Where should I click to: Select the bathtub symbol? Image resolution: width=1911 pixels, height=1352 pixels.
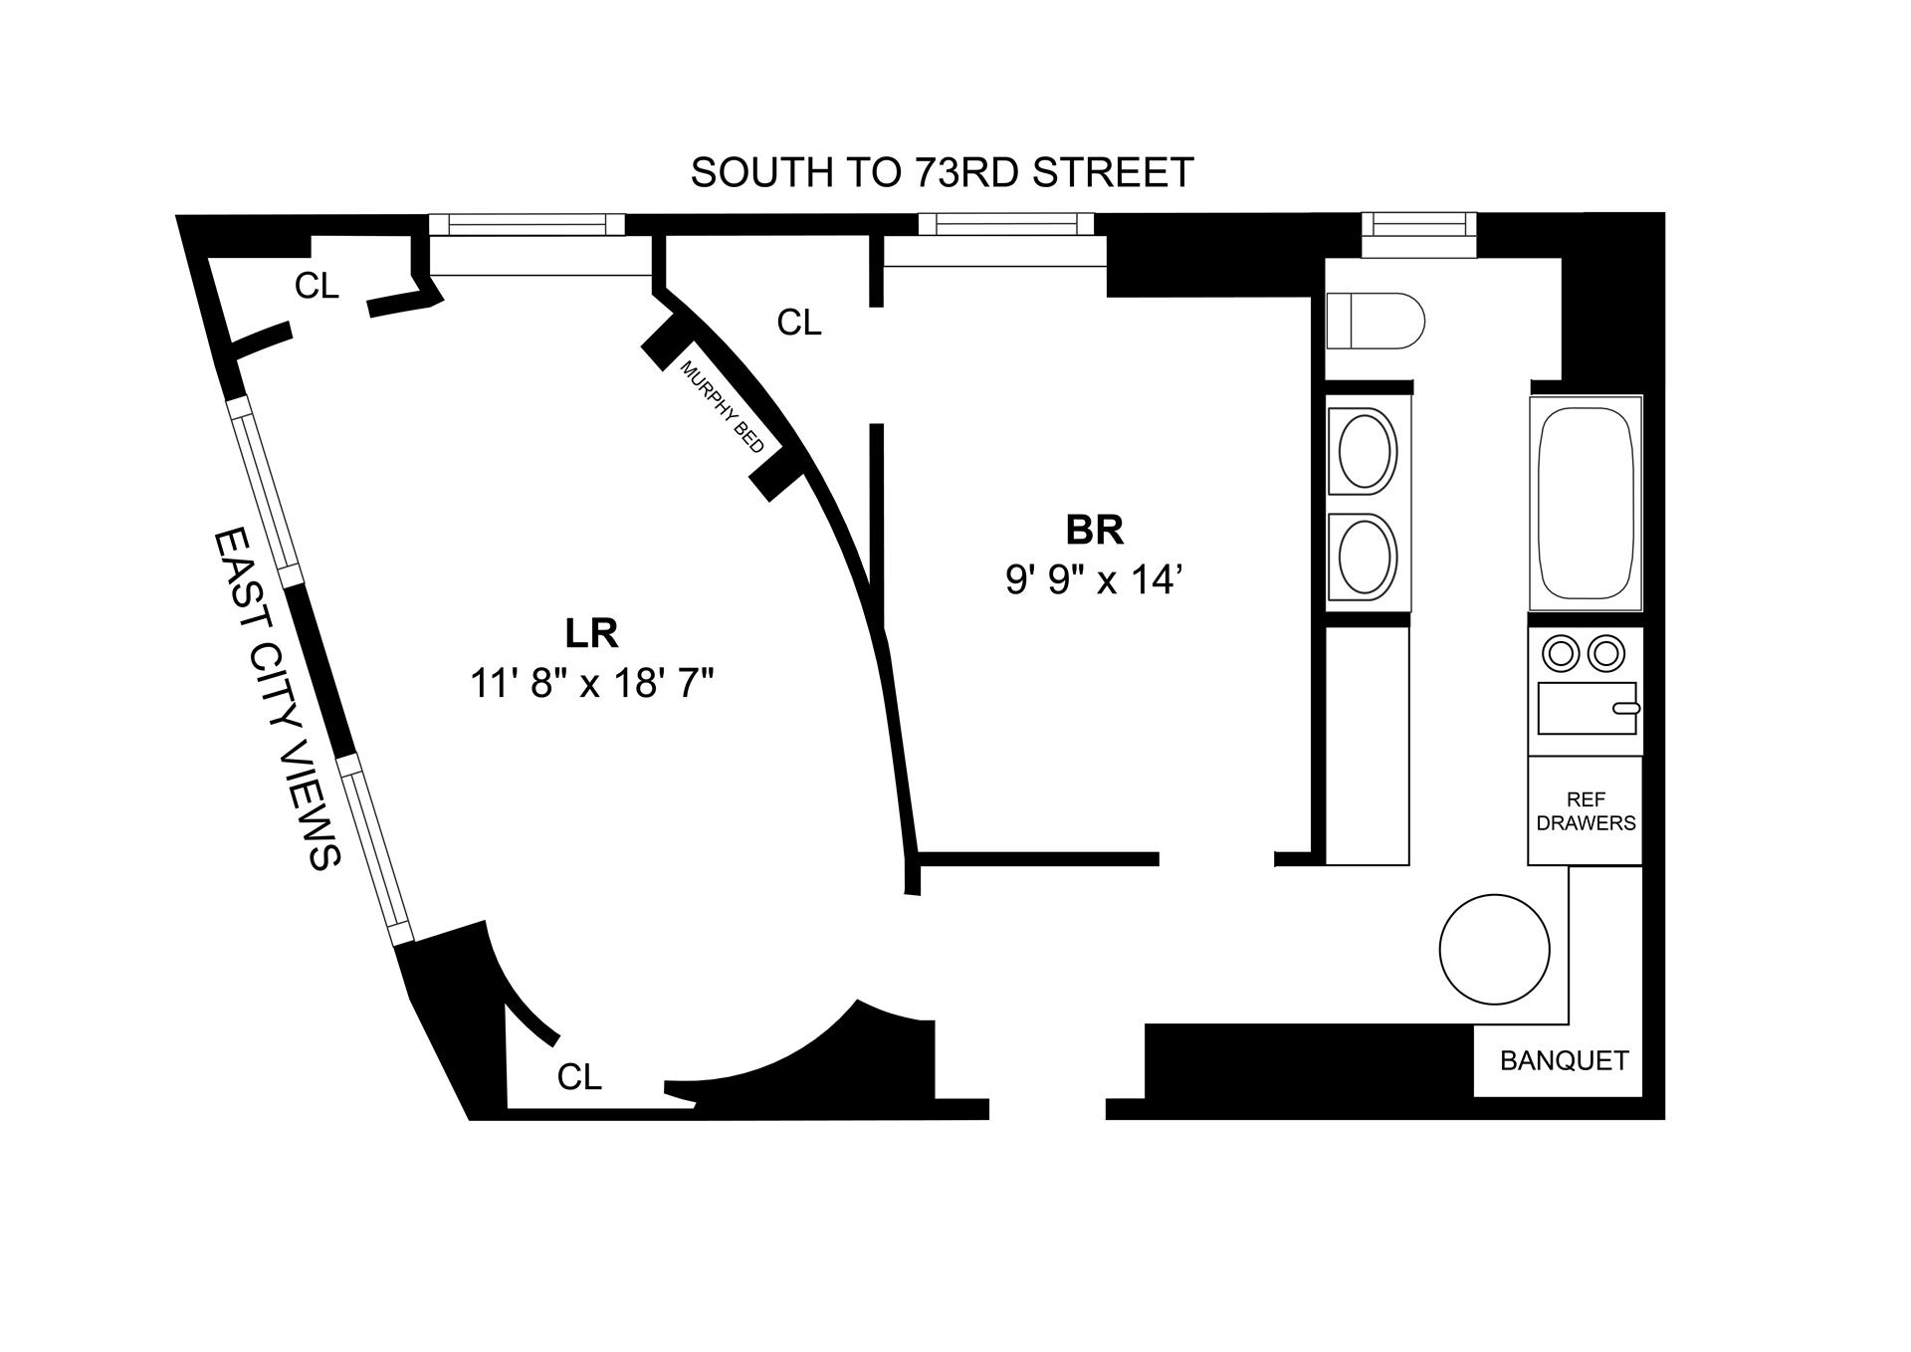[x=1586, y=503]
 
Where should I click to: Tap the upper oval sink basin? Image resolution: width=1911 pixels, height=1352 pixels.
[x=1365, y=451]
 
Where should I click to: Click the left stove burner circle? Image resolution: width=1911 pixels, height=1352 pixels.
[x=1560, y=654]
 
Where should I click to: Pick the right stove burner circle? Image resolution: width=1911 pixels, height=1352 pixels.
[x=1605, y=654]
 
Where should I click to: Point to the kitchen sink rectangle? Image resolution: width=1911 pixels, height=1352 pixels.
[x=1587, y=708]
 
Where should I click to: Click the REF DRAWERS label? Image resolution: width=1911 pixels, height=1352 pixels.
[x=1586, y=811]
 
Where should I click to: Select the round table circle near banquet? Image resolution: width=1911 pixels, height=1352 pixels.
[x=1495, y=949]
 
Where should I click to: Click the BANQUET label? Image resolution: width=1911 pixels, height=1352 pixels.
[x=1564, y=1061]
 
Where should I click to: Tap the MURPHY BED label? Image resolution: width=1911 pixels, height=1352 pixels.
[x=722, y=406]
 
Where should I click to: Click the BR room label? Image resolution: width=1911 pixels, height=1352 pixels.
[x=1094, y=531]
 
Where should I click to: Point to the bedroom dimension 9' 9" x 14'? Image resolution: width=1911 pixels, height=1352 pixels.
[x=1093, y=579]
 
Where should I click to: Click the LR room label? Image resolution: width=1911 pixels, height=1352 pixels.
[x=591, y=633]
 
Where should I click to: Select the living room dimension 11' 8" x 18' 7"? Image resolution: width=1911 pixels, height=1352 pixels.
[x=592, y=684]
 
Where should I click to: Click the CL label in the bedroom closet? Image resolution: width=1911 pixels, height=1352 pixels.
[x=799, y=323]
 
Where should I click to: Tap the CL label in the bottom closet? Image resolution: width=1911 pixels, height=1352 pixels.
[x=579, y=1077]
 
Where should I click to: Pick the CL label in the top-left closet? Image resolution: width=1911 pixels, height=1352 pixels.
[x=317, y=287]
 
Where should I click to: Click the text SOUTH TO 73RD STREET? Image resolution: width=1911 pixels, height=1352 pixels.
[x=942, y=173]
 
